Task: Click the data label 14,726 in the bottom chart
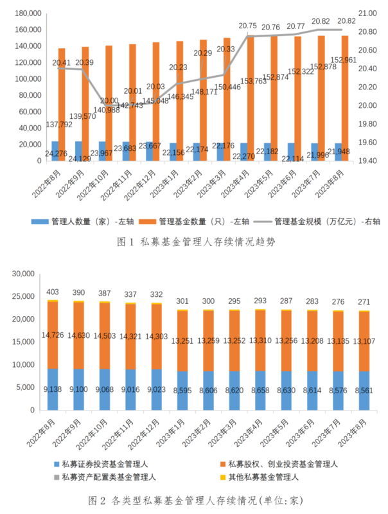point(53,335)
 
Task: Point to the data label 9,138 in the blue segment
point(53,389)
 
